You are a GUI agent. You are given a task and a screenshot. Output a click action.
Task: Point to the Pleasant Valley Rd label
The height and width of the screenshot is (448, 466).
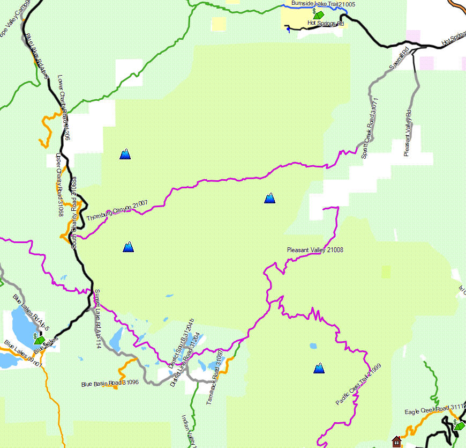[408, 134]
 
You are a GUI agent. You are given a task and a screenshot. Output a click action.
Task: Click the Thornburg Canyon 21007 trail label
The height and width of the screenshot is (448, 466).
[117, 211]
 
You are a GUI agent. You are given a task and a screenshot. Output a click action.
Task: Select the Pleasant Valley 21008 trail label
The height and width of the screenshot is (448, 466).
[315, 250]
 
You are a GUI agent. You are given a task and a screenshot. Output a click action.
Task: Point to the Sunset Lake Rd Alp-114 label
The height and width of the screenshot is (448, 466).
[98, 312]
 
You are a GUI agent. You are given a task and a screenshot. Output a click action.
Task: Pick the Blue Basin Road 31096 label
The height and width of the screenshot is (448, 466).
[110, 383]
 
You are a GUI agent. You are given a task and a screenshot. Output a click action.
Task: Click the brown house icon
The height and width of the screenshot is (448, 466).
[396, 441]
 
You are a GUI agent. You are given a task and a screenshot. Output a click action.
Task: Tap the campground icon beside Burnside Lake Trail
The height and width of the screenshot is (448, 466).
[318, 14]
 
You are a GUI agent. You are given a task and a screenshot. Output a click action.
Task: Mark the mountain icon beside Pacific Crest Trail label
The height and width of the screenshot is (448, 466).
[319, 368]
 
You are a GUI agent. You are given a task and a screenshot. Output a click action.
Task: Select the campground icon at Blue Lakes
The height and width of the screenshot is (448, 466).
[39, 340]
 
